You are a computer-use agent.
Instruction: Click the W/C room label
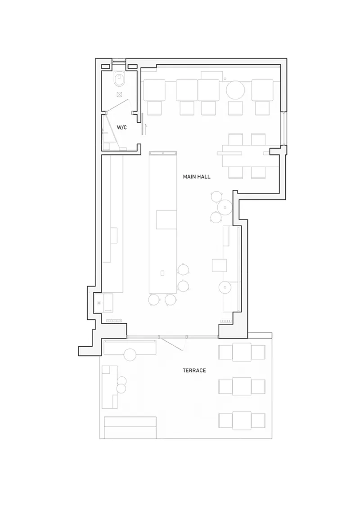pos(122,127)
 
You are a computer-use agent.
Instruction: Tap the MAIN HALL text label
pos(197,177)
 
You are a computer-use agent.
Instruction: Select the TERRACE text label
pos(194,371)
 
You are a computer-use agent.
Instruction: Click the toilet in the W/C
pos(119,80)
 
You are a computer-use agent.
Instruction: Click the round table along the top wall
pos(235,90)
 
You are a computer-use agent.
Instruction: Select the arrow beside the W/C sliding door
pos(146,129)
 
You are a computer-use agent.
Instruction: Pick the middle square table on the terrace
pos(242,386)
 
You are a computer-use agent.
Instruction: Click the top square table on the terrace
pos(242,352)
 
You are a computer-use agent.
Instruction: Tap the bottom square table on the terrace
pos(242,421)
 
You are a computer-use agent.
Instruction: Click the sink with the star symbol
pos(103,303)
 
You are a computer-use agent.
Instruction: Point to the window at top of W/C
pos(119,61)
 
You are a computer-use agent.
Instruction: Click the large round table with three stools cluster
pos(225,207)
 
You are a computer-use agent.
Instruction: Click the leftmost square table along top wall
pos(154,90)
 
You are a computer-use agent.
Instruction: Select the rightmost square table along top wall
pos(262,90)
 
